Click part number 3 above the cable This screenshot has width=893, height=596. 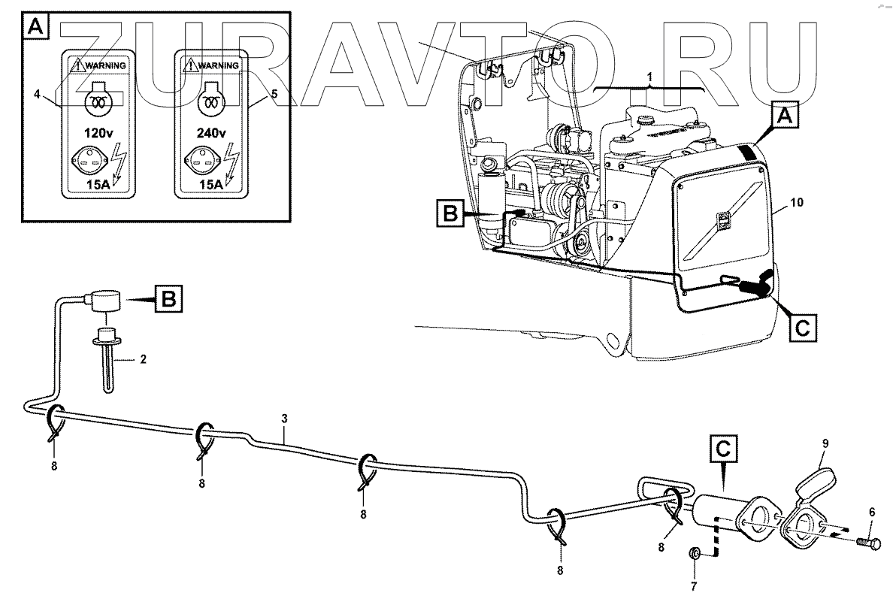(x=284, y=419)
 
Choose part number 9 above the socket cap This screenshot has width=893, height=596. (x=824, y=444)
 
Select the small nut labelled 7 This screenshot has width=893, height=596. (x=695, y=555)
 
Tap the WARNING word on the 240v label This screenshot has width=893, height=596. (x=217, y=65)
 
